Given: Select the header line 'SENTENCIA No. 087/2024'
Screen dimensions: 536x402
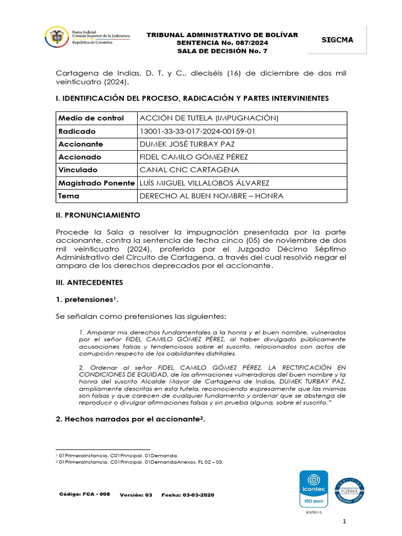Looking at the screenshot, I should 222,42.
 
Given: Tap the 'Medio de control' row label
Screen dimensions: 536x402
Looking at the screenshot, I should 91,118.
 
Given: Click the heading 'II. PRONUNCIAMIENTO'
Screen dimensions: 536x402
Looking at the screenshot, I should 98,215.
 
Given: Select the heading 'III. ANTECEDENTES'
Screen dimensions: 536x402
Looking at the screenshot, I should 90,282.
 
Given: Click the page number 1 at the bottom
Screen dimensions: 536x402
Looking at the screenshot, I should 344,521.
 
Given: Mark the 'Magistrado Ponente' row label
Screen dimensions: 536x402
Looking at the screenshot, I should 96,183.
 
